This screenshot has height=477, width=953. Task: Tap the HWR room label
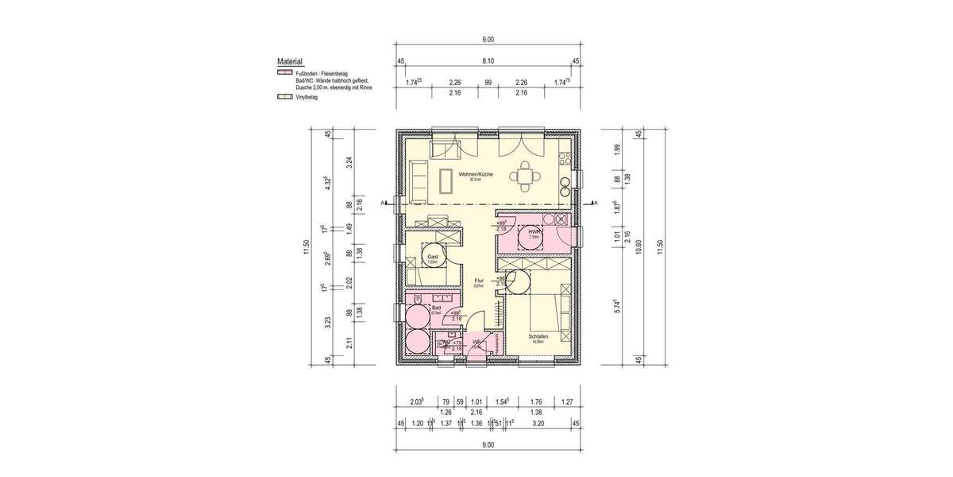tap(534, 231)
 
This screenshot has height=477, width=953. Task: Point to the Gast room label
tap(433, 258)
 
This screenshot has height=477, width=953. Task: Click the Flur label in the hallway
tap(479, 281)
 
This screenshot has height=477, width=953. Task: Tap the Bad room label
tap(436, 308)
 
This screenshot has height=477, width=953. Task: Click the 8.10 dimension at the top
tap(488, 60)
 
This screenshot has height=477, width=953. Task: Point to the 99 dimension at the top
tap(488, 82)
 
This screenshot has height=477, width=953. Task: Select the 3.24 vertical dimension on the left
tap(349, 165)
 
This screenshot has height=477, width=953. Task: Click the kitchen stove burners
tap(565, 185)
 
